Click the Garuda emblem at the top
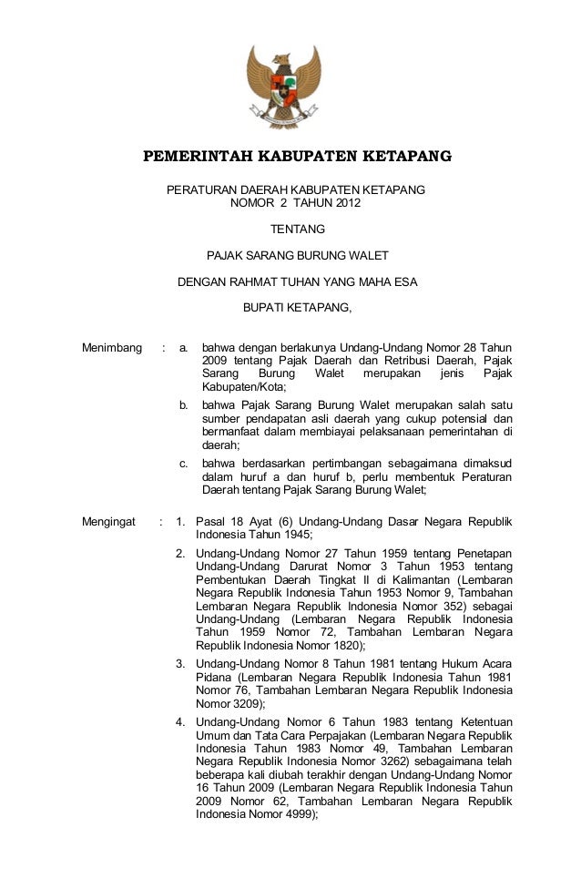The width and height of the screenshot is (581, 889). point(284,87)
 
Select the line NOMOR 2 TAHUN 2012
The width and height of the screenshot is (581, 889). point(295,202)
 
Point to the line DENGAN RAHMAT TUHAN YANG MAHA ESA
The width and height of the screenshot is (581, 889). point(297,281)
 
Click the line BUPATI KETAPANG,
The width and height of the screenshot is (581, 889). point(297,308)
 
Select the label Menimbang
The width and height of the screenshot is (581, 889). point(112,348)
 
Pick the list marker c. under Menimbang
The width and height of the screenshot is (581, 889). point(184,463)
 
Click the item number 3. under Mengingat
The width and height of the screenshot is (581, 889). point(181,662)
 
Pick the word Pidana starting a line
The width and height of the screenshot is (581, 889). point(215,677)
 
